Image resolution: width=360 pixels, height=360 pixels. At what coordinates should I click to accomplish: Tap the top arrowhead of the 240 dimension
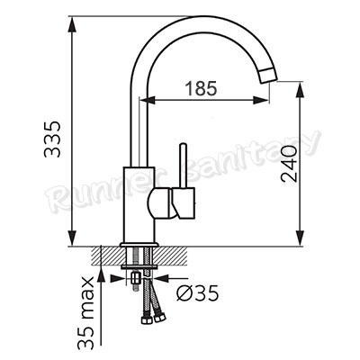point(296,87)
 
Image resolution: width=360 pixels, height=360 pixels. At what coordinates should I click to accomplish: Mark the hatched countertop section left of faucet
point(104,254)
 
